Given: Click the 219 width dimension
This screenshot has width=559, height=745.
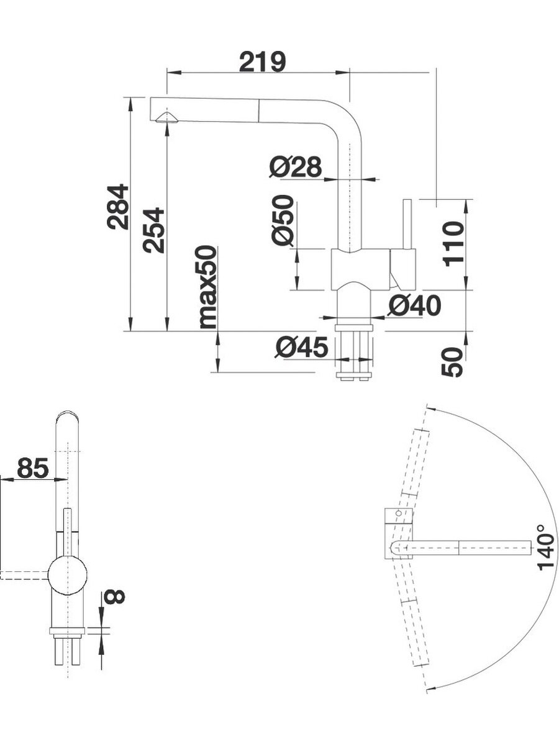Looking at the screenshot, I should point(263,62).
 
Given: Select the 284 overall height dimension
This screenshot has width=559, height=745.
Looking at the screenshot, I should point(117,207).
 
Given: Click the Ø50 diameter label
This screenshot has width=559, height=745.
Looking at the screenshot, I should point(282,220).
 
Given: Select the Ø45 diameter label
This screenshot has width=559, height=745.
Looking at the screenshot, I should point(301,348).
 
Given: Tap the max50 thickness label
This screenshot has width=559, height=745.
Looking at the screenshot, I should point(208,287).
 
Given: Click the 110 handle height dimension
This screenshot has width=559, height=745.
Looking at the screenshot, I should point(454,243).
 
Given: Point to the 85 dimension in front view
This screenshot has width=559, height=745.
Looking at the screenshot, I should point(32,467).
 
